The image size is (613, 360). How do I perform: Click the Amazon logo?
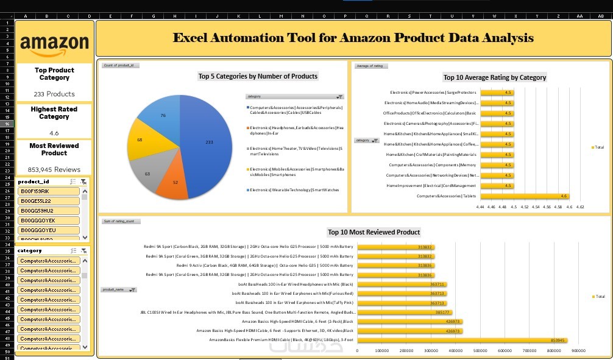pyautogui.click(x=54, y=43)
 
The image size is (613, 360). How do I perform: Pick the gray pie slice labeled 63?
pyautogui.click(x=147, y=172)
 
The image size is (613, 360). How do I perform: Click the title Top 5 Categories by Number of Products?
pyautogui.click(x=258, y=76)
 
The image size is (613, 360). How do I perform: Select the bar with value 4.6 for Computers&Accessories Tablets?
pyautogui.click(x=524, y=196)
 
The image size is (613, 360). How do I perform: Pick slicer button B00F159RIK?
pyautogui.click(x=49, y=191)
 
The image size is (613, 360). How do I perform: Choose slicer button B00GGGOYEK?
pyautogui.click(x=49, y=221)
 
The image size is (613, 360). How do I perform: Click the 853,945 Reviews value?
pyautogui.click(x=54, y=169)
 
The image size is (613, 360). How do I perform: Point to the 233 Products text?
pyautogui.click(x=54, y=94)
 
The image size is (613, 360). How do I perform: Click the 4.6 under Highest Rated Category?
pyautogui.click(x=54, y=132)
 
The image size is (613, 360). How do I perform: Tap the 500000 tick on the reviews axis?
pyautogui.click(x=480, y=350)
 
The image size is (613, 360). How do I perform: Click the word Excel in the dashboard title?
pyautogui.click(x=190, y=38)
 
